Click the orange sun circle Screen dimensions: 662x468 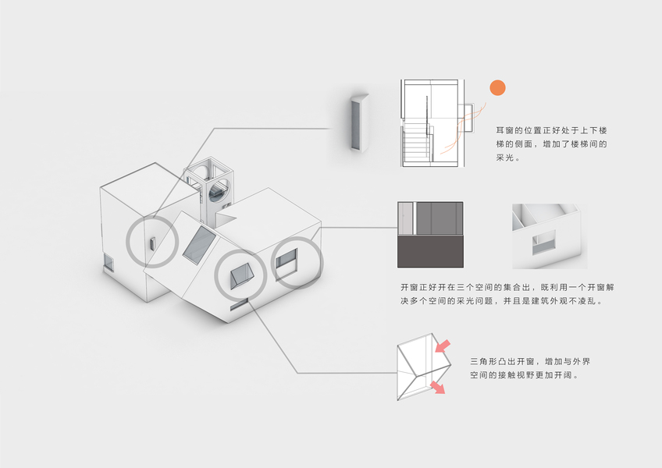[x=497, y=90]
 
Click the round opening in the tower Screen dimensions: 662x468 [x=220, y=188]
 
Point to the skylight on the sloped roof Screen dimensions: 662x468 [x=200, y=243]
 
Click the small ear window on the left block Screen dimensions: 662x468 [x=152, y=244]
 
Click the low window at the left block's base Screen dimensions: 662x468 [x=109, y=264]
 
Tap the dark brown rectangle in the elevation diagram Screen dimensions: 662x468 [x=431, y=252]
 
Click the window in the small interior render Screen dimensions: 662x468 [x=544, y=243]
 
